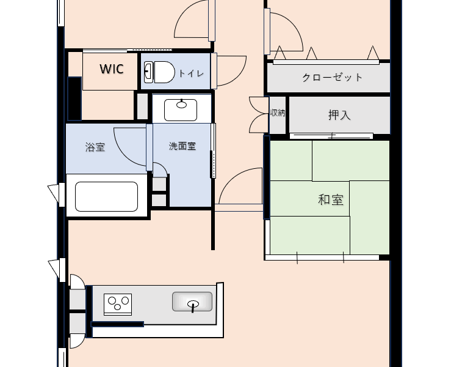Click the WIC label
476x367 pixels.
click(x=112, y=69)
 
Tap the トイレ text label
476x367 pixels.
click(x=191, y=73)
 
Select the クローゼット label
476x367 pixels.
click(x=332, y=77)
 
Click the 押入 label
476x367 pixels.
click(x=339, y=115)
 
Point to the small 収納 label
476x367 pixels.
click(x=278, y=113)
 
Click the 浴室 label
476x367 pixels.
click(x=95, y=147)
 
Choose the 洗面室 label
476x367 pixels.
click(x=182, y=146)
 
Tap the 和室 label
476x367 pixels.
click(x=331, y=199)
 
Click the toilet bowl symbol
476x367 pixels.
click(x=164, y=72)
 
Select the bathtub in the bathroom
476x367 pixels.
click(x=106, y=196)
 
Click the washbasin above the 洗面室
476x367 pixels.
click(x=181, y=110)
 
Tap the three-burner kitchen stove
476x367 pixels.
click(x=118, y=305)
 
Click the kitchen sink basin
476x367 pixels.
click(x=192, y=302)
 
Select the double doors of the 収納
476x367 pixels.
click(x=259, y=115)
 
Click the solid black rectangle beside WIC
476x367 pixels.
click(x=74, y=98)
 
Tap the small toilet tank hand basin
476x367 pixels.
click(x=148, y=72)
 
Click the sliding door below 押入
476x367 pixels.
click(x=331, y=136)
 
